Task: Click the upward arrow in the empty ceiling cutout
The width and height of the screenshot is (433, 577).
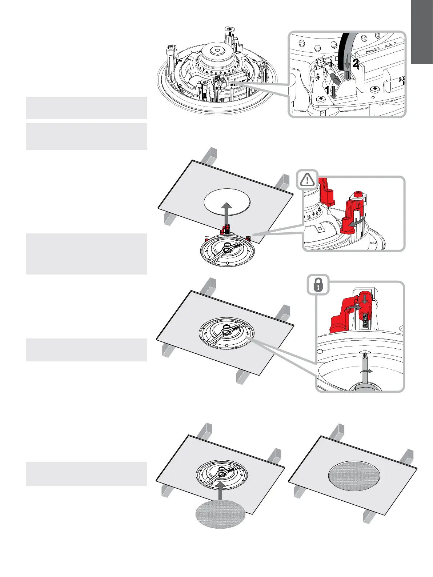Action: (x=227, y=215)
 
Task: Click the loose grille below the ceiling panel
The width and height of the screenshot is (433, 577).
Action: (x=220, y=514)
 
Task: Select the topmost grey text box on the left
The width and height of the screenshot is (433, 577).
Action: (x=87, y=108)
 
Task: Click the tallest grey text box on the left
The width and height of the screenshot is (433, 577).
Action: (x=87, y=254)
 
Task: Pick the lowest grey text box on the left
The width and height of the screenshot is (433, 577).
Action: (x=87, y=474)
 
